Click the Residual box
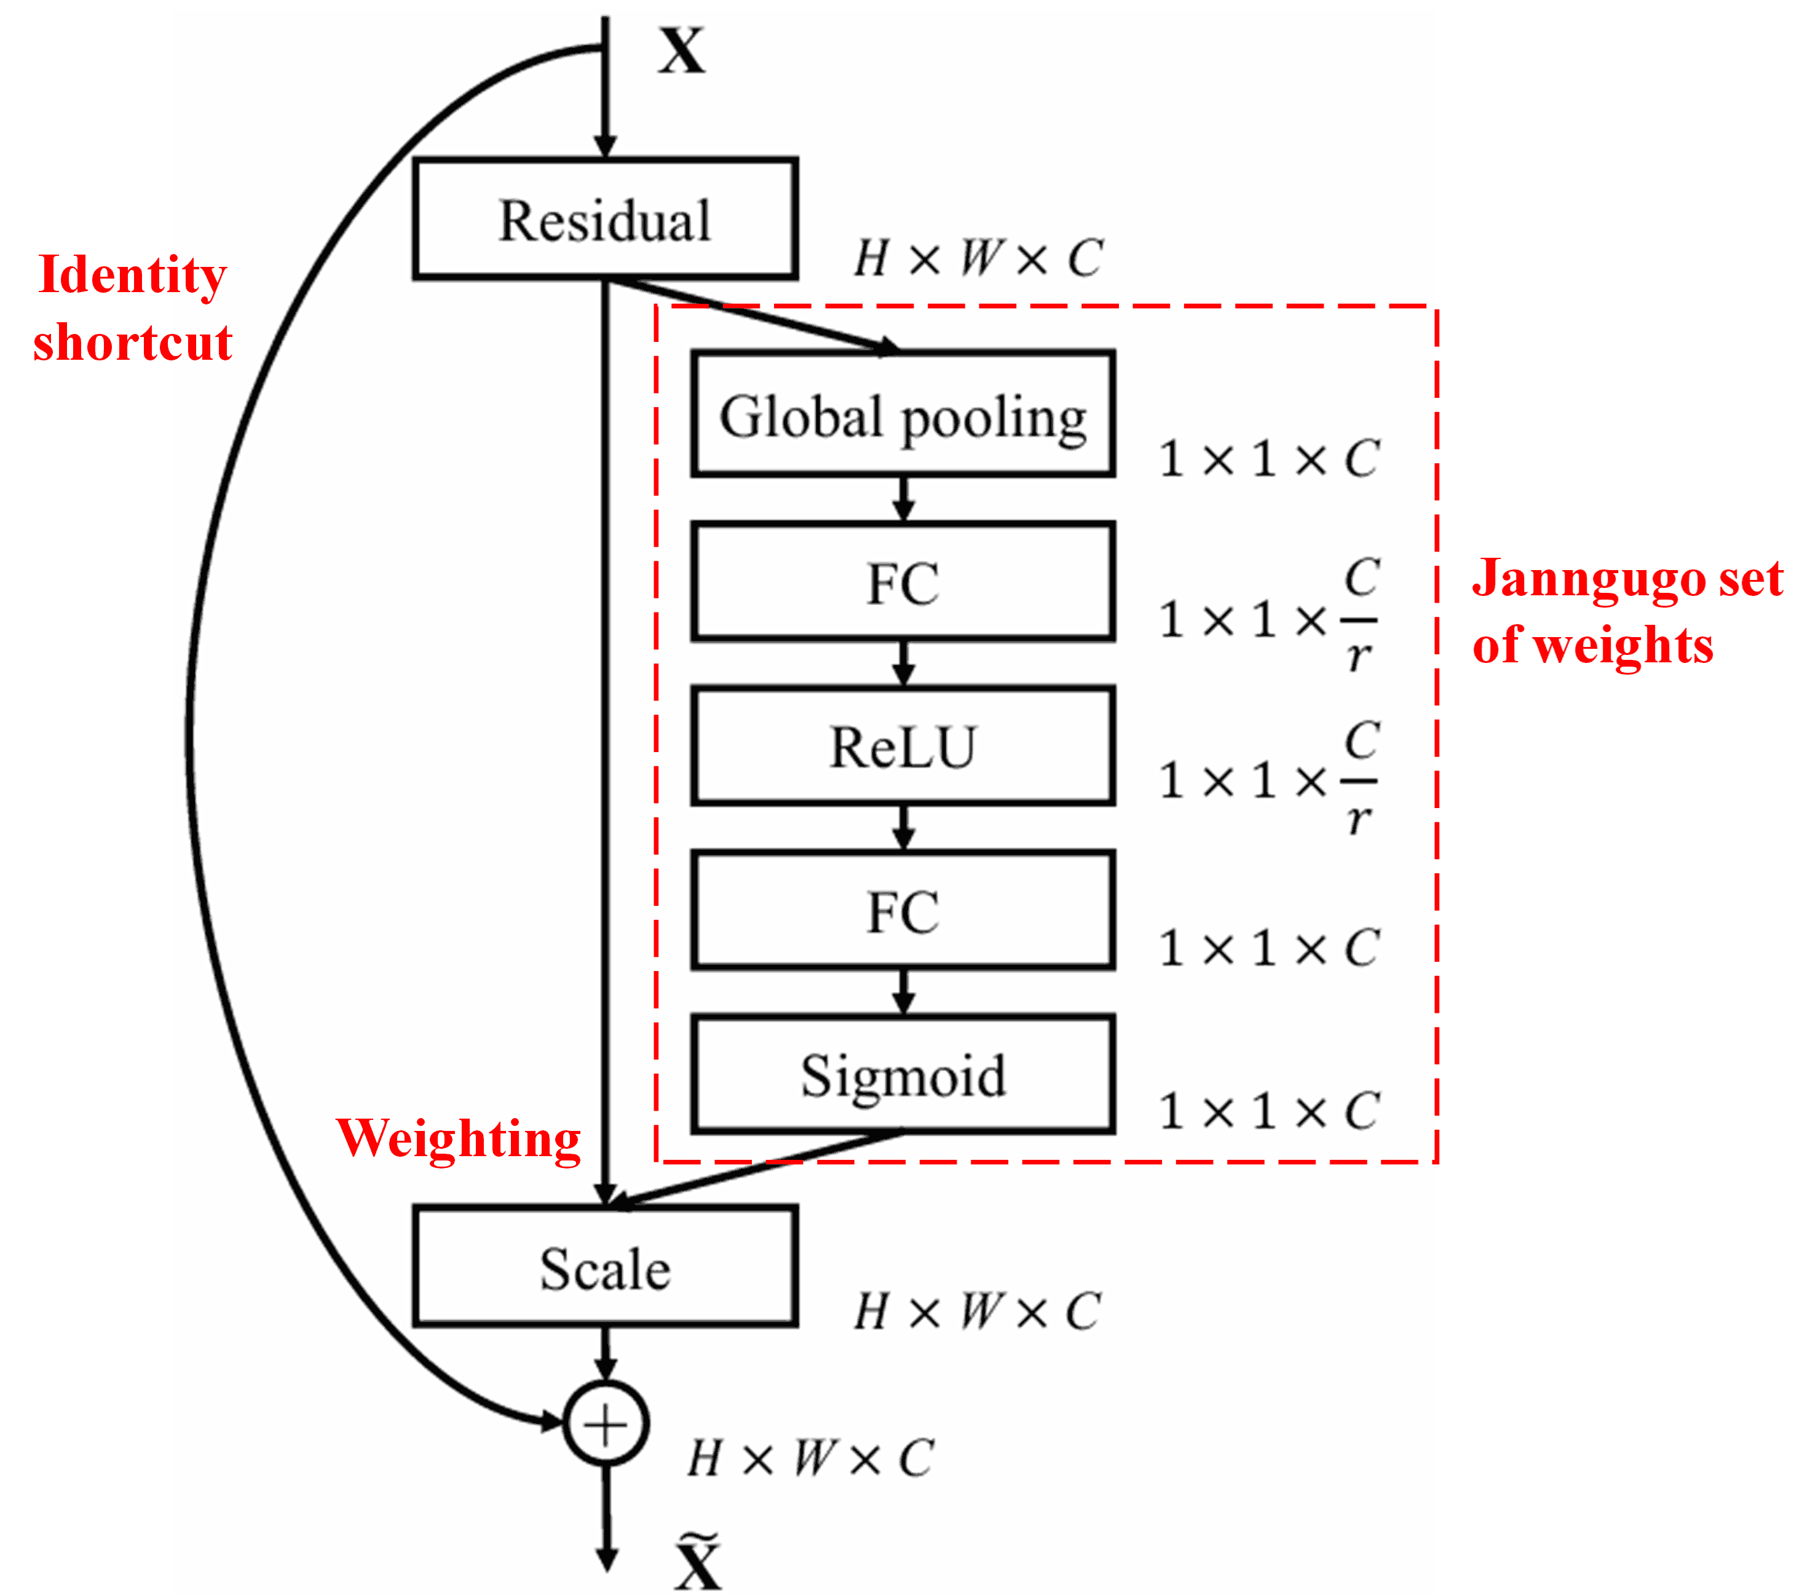605,219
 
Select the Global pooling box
903,414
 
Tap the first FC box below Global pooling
903,582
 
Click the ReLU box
903,746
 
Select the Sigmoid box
903,1074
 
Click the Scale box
605,1267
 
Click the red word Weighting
457,1139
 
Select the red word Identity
133,275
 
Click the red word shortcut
133,343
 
